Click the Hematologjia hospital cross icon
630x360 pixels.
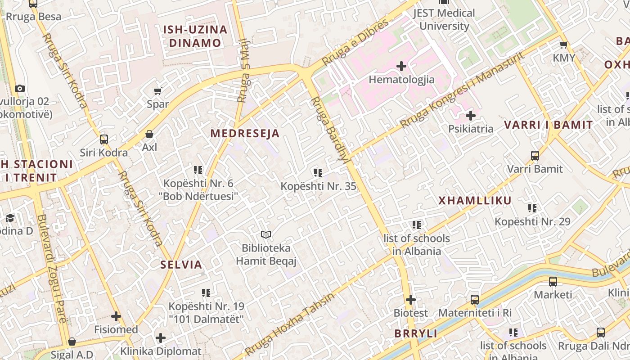401,67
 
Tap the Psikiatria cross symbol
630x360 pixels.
471,116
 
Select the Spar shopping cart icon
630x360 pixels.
157,91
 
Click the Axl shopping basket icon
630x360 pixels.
149,134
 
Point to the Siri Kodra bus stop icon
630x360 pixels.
104,139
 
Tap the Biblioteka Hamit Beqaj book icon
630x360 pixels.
266,234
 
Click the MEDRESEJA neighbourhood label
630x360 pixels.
245,133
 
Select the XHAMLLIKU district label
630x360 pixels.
475,201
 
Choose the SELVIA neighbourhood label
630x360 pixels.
181,265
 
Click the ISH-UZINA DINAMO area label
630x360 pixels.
195,36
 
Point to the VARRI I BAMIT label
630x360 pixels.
548,125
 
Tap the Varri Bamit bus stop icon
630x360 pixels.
535,156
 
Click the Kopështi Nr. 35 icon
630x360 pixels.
318,172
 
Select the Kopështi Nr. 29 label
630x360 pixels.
532,221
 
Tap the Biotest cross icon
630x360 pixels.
410,299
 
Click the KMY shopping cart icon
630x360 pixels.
563,45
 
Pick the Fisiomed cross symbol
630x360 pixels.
116,316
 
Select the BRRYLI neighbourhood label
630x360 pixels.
416,333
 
